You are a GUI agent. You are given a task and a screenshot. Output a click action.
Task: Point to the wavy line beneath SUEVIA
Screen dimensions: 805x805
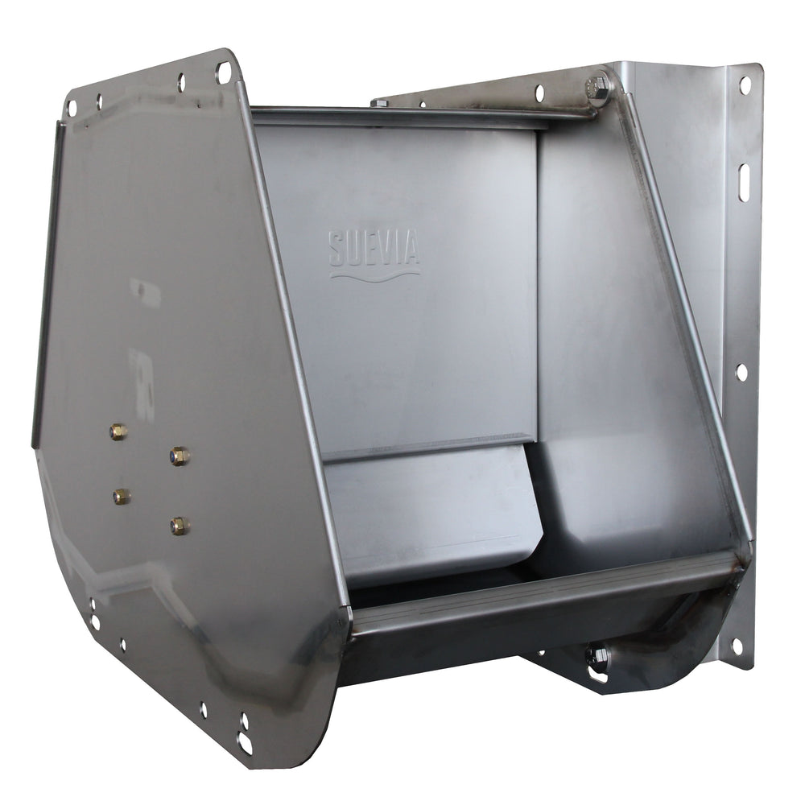tap(374, 275)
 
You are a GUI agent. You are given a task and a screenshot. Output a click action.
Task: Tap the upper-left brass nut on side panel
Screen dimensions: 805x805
tap(118, 432)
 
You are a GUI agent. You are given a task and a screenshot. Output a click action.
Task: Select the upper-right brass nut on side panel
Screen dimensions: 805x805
tap(180, 456)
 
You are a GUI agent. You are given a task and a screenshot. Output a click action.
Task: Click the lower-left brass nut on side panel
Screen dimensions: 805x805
tap(122, 497)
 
